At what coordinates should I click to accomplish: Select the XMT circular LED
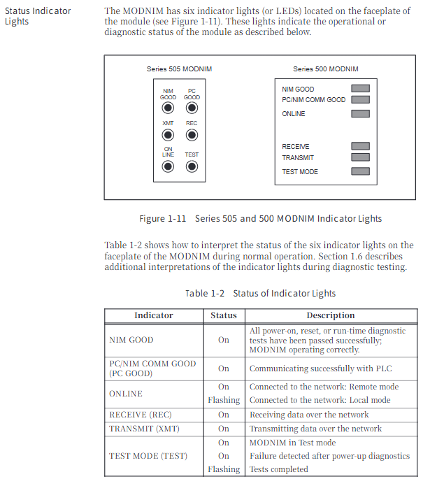coord(168,135)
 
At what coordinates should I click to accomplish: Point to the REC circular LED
coord(192,135)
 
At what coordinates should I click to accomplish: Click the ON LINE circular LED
coord(168,166)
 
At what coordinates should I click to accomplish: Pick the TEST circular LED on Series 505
coord(192,166)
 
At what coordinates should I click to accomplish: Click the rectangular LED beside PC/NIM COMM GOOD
coord(360,99)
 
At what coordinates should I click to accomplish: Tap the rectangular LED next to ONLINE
coord(360,113)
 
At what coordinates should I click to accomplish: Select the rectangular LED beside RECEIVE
coord(360,146)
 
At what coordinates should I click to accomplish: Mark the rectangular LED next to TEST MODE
coord(360,171)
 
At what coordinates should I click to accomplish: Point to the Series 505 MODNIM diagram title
coord(179,69)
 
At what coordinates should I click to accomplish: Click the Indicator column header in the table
coord(154,315)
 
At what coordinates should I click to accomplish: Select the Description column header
coord(331,315)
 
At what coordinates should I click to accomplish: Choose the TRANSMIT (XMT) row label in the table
coord(143,429)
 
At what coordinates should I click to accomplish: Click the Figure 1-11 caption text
coord(260,219)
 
